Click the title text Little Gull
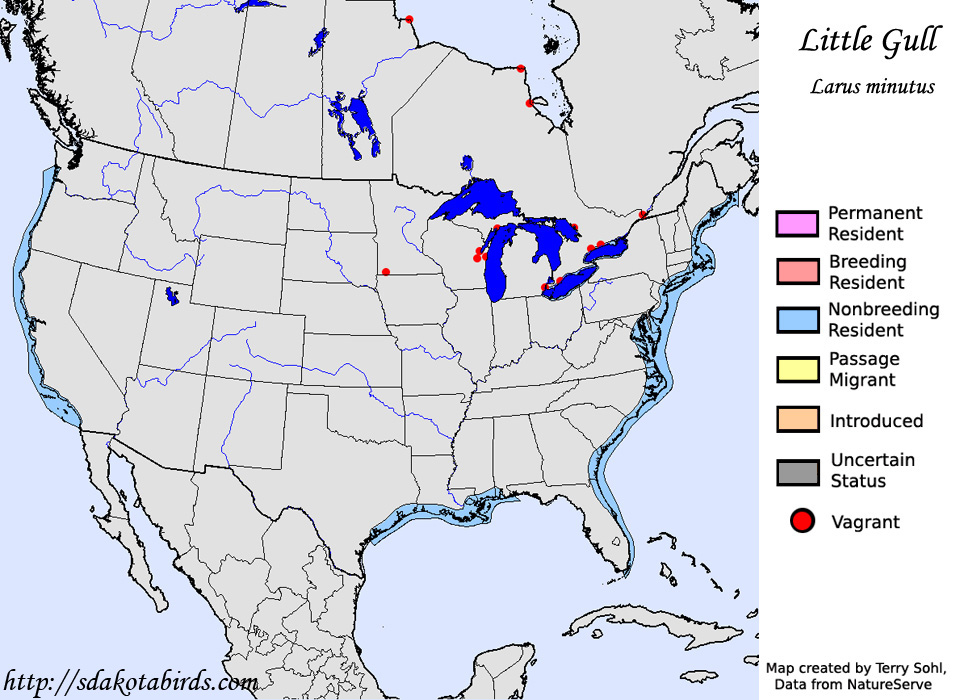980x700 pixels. [x=869, y=42]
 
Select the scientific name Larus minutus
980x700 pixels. [x=872, y=87]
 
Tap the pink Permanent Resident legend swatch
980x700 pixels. [x=796, y=224]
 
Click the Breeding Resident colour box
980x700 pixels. [x=796, y=272]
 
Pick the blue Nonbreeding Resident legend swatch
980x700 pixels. [x=796, y=320]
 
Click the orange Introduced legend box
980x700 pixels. [x=796, y=419]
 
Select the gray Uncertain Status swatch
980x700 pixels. [x=796, y=471]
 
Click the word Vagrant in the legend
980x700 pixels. [x=865, y=522]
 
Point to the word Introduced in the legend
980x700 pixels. [x=876, y=421]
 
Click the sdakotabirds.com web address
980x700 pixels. [x=130, y=683]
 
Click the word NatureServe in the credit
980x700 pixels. [x=892, y=683]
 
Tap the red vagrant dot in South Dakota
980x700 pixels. [x=386, y=272]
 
